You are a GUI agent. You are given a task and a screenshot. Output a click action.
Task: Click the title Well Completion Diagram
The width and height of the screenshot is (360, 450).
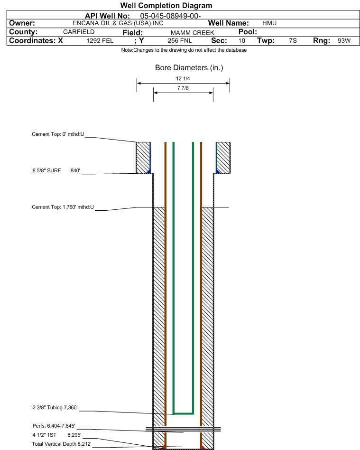pyautogui.click(x=166, y=5)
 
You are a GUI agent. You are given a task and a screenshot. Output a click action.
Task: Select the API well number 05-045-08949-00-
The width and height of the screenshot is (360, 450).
pyautogui.click(x=170, y=16)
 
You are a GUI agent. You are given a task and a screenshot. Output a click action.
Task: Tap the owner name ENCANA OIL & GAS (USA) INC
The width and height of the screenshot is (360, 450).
pyautogui.click(x=118, y=23)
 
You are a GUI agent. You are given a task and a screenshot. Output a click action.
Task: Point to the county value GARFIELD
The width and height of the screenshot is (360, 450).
pyautogui.click(x=79, y=32)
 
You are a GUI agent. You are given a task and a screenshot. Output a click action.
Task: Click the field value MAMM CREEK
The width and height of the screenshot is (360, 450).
pyautogui.click(x=193, y=33)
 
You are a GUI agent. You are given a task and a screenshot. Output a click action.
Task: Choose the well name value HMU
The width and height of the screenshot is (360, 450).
pyautogui.click(x=269, y=23)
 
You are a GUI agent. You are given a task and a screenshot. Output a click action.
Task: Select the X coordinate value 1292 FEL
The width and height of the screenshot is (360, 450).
pyautogui.click(x=100, y=41)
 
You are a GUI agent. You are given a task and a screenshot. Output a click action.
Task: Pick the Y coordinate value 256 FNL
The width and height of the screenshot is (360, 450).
pyautogui.click(x=180, y=41)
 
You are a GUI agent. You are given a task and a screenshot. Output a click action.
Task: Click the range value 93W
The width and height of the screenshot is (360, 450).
pyautogui.click(x=344, y=41)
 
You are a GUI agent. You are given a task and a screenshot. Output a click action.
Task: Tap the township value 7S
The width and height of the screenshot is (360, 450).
pyautogui.click(x=293, y=41)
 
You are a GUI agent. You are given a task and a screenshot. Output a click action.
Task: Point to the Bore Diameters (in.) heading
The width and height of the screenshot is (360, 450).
pyautogui.click(x=189, y=68)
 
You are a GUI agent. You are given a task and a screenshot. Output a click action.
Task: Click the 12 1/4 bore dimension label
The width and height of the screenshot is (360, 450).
pyautogui.click(x=183, y=79)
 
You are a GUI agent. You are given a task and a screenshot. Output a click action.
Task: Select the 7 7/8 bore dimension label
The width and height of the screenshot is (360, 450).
pyautogui.click(x=183, y=88)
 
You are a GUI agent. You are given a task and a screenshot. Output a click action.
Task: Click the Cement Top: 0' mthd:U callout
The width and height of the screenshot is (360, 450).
pyautogui.click(x=58, y=134)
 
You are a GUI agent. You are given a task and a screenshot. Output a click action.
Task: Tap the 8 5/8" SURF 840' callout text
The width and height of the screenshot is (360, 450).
pyautogui.click(x=56, y=170)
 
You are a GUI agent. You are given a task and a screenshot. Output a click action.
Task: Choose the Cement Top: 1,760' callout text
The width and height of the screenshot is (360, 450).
pyautogui.click(x=63, y=207)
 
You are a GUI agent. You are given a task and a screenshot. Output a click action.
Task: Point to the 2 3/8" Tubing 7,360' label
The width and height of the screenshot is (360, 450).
pyautogui.click(x=55, y=408)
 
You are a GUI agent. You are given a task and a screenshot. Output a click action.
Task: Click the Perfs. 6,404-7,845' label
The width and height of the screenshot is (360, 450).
pyautogui.click(x=54, y=426)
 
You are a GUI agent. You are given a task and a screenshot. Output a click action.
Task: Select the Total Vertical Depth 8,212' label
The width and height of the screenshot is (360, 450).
pyautogui.click(x=62, y=444)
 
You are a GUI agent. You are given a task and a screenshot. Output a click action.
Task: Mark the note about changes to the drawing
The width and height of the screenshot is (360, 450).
pyautogui.click(x=184, y=50)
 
